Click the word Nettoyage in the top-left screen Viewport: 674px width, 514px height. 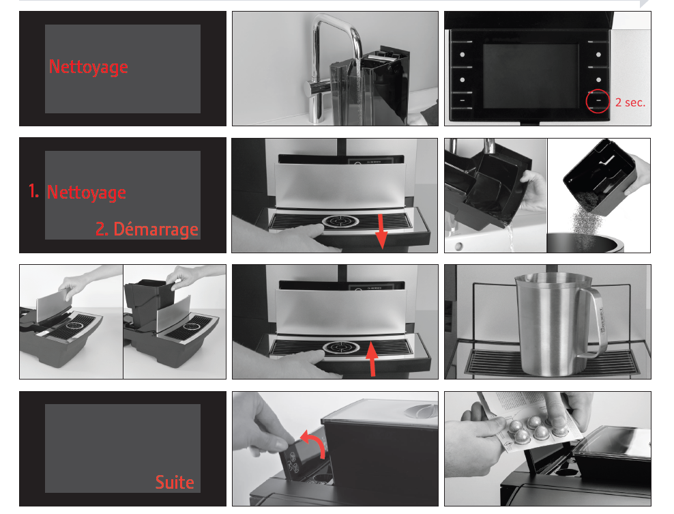coord(89,67)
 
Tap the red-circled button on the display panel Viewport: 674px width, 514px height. coord(598,101)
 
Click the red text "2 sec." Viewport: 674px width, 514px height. coord(630,102)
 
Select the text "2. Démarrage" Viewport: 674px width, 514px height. coord(147,229)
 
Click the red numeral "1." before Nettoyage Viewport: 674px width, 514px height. coord(34,190)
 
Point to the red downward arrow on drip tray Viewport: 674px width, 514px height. coord(381,232)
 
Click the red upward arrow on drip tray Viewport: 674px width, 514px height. coord(372,358)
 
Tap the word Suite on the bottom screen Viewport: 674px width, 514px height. coord(175,482)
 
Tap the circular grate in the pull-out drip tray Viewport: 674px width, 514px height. coord(340,221)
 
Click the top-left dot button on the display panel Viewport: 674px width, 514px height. coord(462,55)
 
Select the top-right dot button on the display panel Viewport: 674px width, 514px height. coord(598,55)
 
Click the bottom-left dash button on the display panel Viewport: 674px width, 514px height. coord(462,100)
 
